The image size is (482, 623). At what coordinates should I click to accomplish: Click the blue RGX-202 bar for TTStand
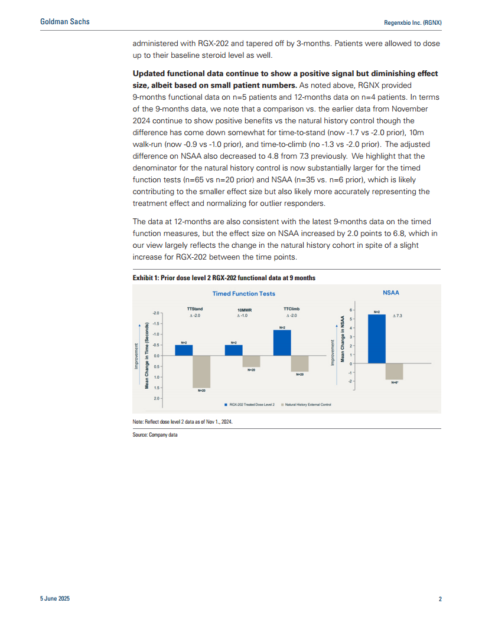184,350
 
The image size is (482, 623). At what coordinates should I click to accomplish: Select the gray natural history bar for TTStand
201,371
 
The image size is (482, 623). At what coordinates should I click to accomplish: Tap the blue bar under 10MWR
234,350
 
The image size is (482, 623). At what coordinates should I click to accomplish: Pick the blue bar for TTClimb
282,342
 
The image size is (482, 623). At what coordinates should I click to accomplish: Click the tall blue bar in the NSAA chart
377,339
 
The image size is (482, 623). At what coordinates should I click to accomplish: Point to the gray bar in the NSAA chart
394,371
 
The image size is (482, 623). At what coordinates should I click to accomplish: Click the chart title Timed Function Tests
244,293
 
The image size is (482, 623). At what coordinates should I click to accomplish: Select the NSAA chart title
391,291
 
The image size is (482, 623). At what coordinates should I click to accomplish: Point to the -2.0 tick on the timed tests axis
156,313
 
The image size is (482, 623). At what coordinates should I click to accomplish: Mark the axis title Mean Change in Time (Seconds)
146,355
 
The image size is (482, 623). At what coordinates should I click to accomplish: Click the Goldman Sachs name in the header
65,22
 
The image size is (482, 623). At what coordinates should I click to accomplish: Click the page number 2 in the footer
440,599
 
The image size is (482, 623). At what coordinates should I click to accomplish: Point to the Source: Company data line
155,435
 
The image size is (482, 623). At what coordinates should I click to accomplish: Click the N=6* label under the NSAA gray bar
395,382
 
